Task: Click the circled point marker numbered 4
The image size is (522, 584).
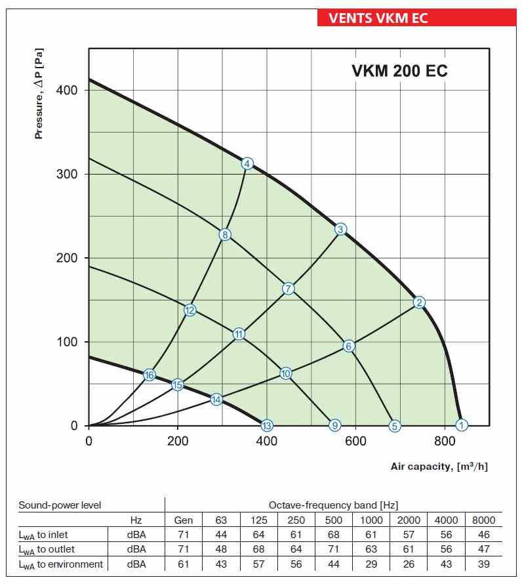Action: coord(247,163)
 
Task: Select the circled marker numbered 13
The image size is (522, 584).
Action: coord(266,425)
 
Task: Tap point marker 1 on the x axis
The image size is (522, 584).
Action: coord(462,425)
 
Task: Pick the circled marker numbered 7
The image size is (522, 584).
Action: coord(289,289)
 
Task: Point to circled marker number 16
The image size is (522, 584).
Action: coord(150,375)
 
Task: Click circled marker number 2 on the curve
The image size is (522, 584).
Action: coord(420,302)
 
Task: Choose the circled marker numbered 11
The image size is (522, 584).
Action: coord(239,334)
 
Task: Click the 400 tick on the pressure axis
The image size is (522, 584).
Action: coord(69,90)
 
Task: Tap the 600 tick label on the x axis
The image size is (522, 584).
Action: coord(355,441)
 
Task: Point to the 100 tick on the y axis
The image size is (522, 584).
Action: coord(69,342)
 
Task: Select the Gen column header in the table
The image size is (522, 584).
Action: coord(184,520)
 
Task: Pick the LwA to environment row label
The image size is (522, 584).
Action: coord(60,564)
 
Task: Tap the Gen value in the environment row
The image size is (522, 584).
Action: coord(184,564)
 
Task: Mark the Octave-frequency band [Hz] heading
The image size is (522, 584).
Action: coord(333,505)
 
